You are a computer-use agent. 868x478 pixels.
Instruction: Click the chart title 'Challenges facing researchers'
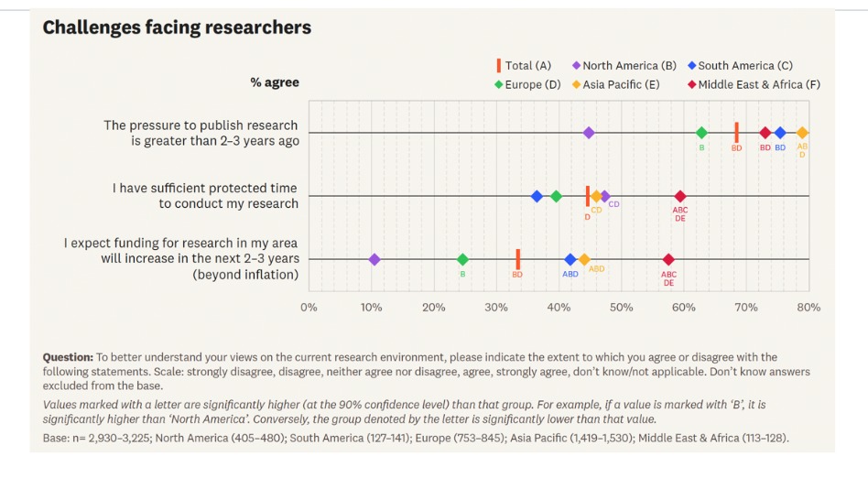(x=177, y=27)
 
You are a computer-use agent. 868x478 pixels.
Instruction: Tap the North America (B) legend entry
(x=624, y=66)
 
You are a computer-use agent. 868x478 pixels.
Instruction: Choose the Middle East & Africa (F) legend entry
(x=753, y=84)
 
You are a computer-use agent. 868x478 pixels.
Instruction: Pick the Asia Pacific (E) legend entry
(x=615, y=84)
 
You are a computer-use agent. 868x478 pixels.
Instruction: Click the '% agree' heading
(x=275, y=82)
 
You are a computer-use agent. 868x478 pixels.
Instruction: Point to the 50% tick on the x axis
(x=621, y=308)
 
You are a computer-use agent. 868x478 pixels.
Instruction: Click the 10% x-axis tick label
(x=371, y=308)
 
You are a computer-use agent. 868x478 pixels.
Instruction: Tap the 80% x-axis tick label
(x=808, y=308)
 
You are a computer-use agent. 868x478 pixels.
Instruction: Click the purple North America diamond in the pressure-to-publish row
(x=589, y=133)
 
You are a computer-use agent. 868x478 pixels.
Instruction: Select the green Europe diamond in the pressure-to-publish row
(x=701, y=133)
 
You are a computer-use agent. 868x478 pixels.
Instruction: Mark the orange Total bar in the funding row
(x=517, y=259)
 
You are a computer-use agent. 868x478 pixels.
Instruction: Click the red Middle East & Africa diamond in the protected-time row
(x=679, y=196)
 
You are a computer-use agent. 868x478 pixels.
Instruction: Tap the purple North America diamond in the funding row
(x=374, y=259)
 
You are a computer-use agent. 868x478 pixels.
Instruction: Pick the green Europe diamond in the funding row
(x=462, y=259)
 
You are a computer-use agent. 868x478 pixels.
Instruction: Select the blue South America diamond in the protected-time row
(x=537, y=196)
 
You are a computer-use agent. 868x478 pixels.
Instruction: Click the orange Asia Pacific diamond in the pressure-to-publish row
(x=802, y=133)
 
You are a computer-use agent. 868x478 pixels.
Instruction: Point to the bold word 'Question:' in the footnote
(x=68, y=357)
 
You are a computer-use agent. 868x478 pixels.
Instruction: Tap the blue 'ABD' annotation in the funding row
(x=570, y=274)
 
